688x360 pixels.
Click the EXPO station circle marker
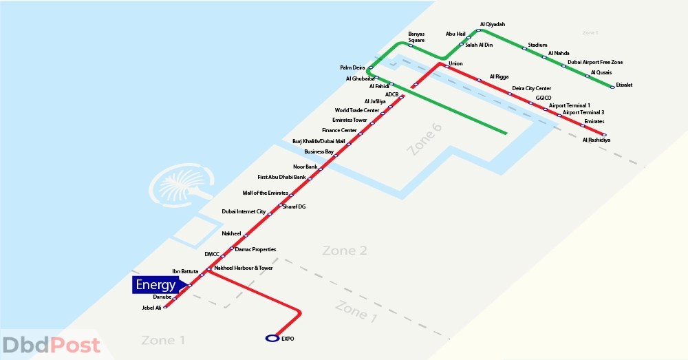[271, 338]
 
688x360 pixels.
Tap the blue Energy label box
[155, 285]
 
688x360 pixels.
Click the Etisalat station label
[624, 85]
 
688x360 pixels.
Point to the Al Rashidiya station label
[596, 140]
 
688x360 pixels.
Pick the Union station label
[455, 63]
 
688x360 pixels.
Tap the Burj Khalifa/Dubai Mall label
[319, 141]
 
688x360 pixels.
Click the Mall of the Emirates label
[265, 193]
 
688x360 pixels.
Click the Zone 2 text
[344, 251]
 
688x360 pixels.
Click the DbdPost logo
[51, 345]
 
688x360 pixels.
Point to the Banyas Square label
[416, 36]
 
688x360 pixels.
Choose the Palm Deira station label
[352, 67]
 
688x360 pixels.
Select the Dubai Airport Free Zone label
[594, 62]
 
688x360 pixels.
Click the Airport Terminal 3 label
[583, 112]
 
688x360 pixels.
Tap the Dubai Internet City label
[244, 211]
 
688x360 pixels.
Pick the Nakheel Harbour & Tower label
[243, 268]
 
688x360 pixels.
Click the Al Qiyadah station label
[493, 24]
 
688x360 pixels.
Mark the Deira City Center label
[531, 88]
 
